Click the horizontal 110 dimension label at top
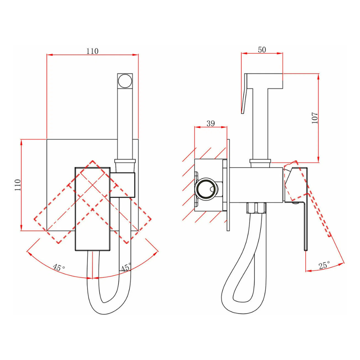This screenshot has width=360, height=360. (x=92, y=51)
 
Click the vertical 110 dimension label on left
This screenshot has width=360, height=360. (x=18, y=185)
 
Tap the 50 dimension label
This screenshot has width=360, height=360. (x=262, y=50)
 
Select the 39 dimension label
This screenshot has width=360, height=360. (x=211, y=123)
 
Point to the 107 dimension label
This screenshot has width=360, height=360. (x=315, y=118)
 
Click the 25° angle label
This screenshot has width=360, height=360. (x=324, y=265)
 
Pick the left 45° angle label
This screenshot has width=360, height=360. (x=59, y=267)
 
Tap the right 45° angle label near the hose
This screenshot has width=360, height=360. (x=126, y=267)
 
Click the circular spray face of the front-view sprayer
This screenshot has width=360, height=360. (x=125, y=81)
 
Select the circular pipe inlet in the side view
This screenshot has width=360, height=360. (x=206, y=189)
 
